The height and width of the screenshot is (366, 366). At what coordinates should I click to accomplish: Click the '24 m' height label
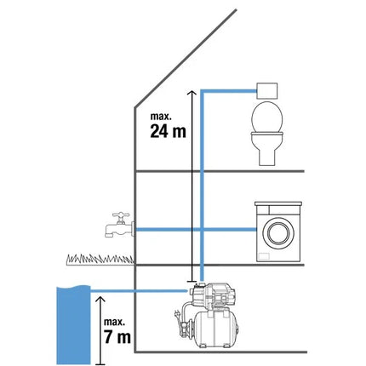[168, 131]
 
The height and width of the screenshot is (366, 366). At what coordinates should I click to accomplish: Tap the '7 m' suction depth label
[117, 337]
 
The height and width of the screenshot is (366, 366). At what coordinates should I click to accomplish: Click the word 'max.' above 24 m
[161, 117]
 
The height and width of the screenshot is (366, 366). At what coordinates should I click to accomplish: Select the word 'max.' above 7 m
[114, 322]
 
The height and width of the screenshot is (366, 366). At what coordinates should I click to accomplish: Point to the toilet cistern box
[266, 90]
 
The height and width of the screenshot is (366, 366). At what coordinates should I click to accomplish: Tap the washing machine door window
[278, 232]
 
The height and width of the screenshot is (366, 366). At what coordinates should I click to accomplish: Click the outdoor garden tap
[119, 225]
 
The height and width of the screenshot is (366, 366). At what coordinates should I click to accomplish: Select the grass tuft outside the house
[100, 259]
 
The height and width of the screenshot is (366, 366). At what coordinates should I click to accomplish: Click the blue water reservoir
[73, 325]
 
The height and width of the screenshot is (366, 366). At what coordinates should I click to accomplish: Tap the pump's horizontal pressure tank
[215, 329]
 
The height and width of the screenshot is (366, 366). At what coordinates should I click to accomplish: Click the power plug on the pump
[177, 315]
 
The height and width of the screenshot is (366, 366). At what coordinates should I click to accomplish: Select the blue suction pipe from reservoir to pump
[140, 290]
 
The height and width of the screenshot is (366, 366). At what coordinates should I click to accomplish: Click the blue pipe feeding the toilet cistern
[229, 91]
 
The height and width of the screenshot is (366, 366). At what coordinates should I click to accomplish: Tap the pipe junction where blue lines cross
[202, 229]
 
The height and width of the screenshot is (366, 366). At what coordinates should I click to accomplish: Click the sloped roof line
[186, 59]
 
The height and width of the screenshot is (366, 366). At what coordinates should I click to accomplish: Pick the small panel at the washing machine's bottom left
[264, 255]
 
